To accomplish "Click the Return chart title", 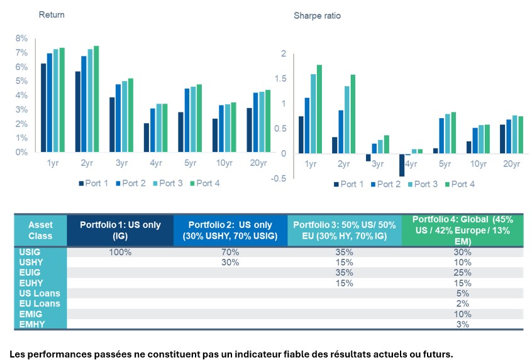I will tap(52, 14).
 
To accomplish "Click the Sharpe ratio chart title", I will tap(317, 14).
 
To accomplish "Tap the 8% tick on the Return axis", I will tap(21, 38).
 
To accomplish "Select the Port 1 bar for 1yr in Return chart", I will tap(43, 107).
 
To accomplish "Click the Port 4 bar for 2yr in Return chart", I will tap(96, 99).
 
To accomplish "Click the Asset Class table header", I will tap(40, 230).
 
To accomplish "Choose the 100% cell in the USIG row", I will tap(119, 252).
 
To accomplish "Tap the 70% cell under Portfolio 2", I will tap(230, 252).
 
